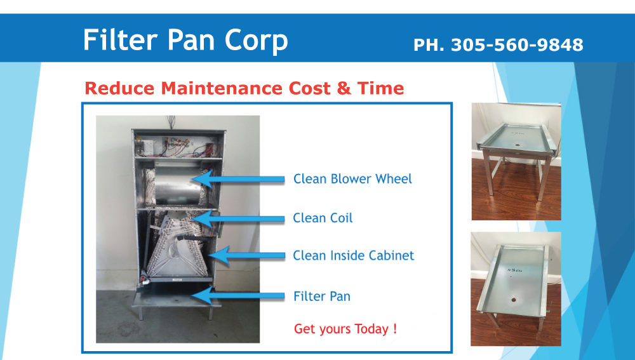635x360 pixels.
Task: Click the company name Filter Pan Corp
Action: tap(185, 41)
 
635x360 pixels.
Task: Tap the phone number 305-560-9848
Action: tap(517, 45)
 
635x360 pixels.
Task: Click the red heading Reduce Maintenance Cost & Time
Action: tap(244, 88)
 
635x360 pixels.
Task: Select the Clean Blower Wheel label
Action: tap(352, 178)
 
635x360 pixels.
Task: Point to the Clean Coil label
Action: tap(323, 218)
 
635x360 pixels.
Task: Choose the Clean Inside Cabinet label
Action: tap(354, 255)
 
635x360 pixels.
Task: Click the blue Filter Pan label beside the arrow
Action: tap(322, 296)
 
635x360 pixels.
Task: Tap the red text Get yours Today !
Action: tap(345, 328)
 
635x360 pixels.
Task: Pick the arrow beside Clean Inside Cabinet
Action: tap(246, 255)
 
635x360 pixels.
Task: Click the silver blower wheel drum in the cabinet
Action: tap(179, 185)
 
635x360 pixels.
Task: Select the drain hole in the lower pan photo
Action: tap(514, 300)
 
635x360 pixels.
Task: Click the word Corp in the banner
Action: tap(256, 41)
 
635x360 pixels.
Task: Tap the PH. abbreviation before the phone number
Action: tap(429, 45)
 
